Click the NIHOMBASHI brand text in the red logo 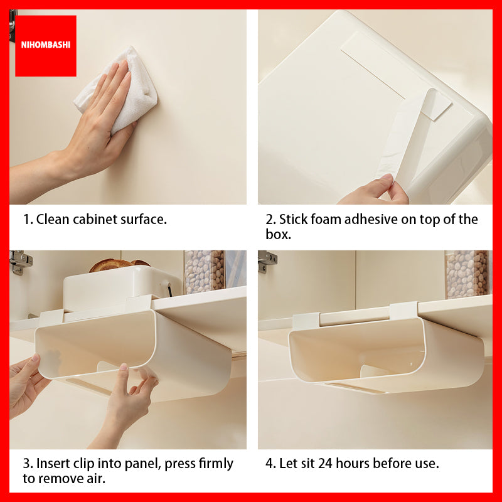point(45,45)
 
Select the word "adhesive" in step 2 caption point(370,220)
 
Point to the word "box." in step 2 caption point(278,234)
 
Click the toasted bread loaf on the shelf point(119,265)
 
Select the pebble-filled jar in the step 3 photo point(205,272)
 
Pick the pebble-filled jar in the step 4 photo point(467,274)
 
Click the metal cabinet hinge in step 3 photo point(20,262)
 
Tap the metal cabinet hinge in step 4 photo point(267,262)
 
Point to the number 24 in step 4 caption point(325,464)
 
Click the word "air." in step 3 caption point(95,479)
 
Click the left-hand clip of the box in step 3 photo point(51,318)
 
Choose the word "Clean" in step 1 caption point(53,220)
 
